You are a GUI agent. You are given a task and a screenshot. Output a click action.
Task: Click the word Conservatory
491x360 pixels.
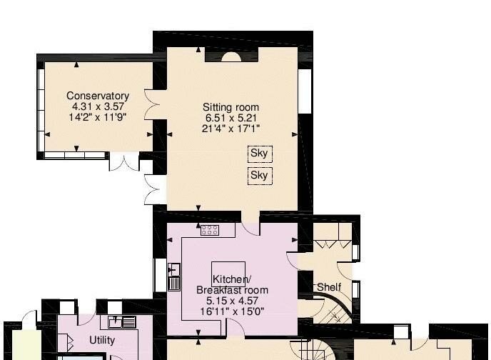98,96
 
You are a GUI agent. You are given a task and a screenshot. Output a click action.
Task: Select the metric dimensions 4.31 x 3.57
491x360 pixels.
98,106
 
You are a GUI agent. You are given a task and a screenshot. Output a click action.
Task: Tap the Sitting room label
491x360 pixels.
231,107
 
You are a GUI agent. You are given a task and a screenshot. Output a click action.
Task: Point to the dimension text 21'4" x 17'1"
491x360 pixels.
231,129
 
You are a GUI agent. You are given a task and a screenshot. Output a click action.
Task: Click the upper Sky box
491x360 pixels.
259,153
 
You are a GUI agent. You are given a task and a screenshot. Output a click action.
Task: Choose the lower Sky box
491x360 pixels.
259,175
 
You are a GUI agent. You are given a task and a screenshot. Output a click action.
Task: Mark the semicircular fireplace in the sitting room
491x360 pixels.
231,57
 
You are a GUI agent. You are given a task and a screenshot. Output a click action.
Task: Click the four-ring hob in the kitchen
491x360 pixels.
209,230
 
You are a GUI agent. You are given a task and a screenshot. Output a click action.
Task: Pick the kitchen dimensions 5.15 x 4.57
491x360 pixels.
232,301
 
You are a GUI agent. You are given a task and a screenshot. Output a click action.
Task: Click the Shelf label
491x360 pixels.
329,287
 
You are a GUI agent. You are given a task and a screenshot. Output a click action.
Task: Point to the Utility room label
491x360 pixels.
102,341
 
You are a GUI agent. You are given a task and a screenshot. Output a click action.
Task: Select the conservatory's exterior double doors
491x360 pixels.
122,162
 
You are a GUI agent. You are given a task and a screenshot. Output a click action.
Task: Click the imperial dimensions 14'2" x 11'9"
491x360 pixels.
98,117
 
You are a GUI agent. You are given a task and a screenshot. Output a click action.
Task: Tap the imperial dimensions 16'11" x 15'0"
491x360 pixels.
232,311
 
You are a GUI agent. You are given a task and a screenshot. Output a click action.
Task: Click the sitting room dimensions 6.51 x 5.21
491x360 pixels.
231,118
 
